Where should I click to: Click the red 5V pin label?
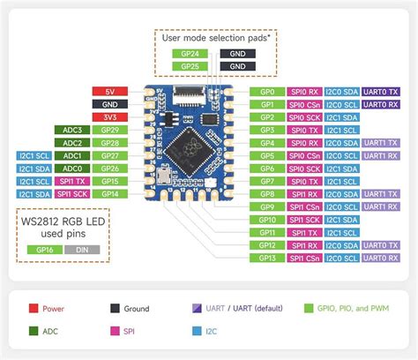[110, 91]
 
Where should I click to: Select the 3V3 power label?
[110, 116]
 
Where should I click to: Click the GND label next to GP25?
[238, 66]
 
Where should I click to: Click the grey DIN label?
[81, 250]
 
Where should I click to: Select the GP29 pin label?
[110, 130]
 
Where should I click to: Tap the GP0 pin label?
[267, 91]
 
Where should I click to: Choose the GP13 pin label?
[267, 258]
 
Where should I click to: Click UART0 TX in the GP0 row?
[381, 91]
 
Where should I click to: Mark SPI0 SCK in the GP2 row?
[304, 116]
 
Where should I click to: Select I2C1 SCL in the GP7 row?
[342, 181]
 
